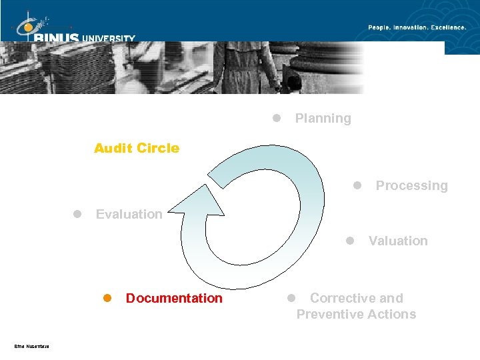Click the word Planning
click(323, 119)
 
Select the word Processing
click(411, 186)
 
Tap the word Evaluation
click(129, 214)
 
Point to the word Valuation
click(398, 241)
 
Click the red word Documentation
click(174, 298)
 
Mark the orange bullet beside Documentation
click(106, 298)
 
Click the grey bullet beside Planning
click(276, 119)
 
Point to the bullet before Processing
click(357, 185)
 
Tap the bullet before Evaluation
click(77, 214)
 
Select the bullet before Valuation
click(349, 241)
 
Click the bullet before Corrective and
click(291, 298)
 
